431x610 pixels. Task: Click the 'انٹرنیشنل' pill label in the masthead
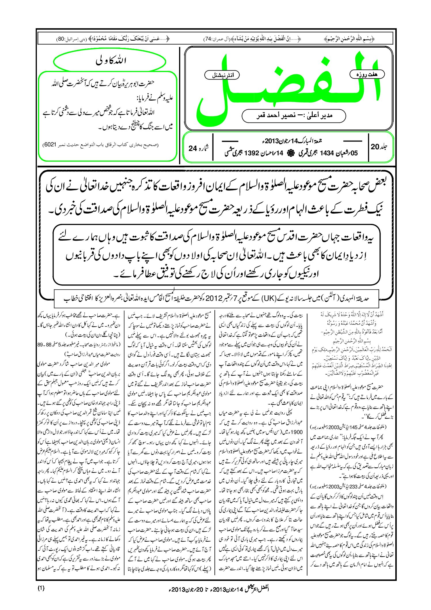pyautogui.click(x=222, y=75)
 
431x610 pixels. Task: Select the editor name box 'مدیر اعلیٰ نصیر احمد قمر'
pyautogui.click(x=294, y=116)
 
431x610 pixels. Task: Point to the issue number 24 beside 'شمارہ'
pyautogui.click(x=193, y=148)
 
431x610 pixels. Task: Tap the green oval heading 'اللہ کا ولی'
pyautogui.click(x=110, y=61)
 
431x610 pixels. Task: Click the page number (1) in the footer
pyautogui.click(x=41, y=588)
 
